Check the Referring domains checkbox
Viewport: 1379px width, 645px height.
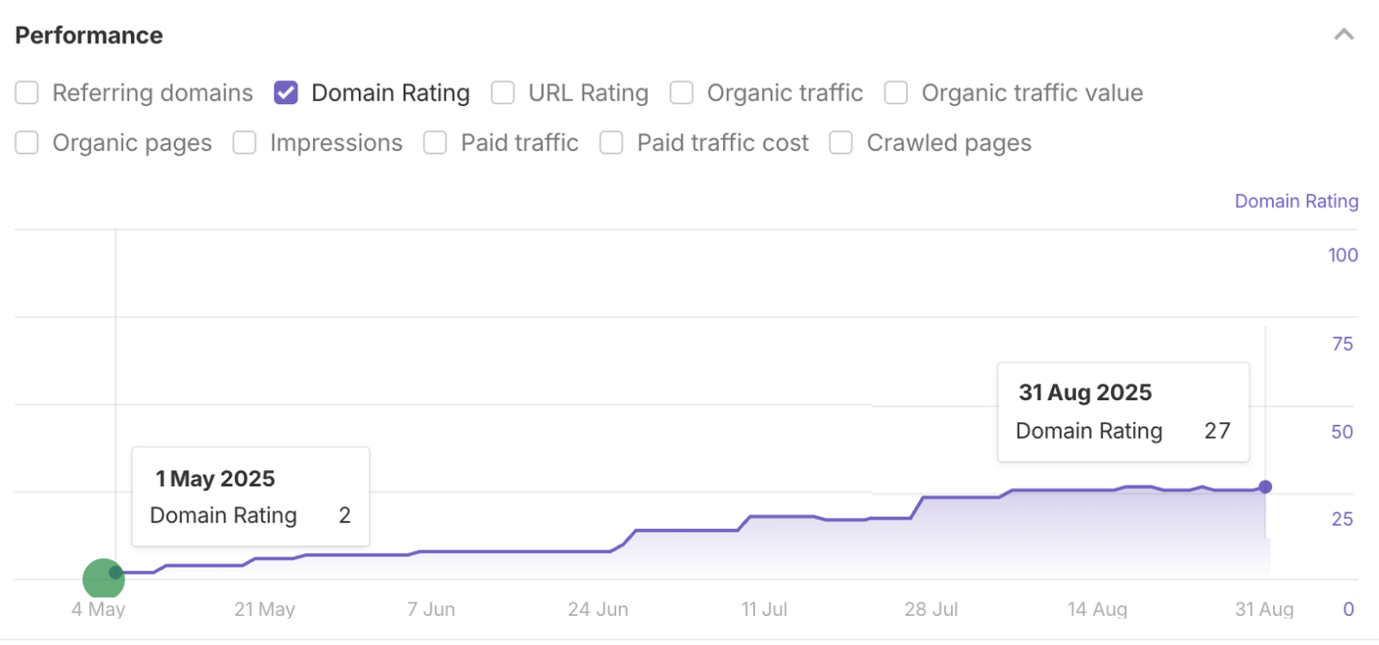(x=27, y=93)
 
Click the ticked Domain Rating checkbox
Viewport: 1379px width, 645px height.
(x=286, y=93)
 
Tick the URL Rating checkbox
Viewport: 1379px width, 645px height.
(x=503, y=93)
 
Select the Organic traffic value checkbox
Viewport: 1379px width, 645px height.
(x=896, y=93)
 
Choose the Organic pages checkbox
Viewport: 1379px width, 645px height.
(x=27, y=143)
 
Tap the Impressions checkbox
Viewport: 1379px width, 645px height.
(x=245, y=143)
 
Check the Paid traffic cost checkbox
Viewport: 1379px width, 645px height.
(x=612, y=143)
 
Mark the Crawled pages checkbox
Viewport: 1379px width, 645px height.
(x=841, y=143)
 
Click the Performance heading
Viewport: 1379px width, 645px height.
(x=89, y=35)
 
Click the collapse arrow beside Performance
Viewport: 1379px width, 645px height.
(x=1344, y=35)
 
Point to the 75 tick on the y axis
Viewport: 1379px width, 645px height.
(x=1342, y=344)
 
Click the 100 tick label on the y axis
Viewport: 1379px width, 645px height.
(x=1342, y=255)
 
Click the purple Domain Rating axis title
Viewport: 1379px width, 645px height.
(x=1296, y=201)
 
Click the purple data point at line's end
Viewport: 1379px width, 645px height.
(x=1265, y=487)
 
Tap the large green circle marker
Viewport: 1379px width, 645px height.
(x=103, y=580)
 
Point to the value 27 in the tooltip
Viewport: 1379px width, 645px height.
(x=1217, y=431)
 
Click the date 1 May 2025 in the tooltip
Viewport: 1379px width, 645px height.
(x=216, y=479)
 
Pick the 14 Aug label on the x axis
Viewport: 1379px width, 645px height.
(x=1097, y=610)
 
